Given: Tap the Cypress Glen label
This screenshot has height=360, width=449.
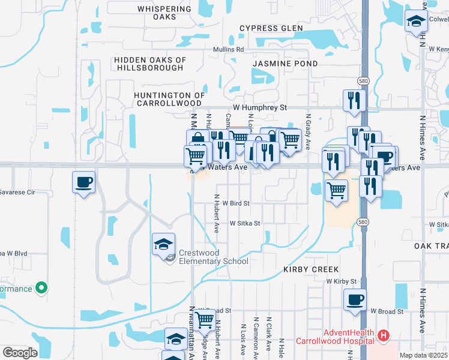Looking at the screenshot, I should (x=268, y=28).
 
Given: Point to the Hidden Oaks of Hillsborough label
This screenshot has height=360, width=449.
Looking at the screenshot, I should (x=150, y=64).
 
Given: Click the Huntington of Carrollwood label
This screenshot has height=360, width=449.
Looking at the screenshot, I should (x=170, y=99).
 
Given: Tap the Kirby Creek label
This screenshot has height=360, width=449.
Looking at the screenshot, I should (x=311, y=270).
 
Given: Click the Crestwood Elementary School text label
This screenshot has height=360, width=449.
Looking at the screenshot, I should (x=213, y=256).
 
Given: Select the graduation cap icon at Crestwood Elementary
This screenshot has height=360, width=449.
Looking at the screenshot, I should (x=164, y=244).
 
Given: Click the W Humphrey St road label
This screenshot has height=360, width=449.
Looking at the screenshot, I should (x=260, y=107).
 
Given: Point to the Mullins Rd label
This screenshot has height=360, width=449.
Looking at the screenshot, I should (x=228, y=50).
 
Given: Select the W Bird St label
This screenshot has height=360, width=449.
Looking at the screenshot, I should (x=235, y=203).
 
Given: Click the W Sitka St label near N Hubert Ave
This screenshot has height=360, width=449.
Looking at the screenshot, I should (x=244, y=223).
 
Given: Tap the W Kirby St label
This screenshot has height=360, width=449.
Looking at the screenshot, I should (x=342, y=281).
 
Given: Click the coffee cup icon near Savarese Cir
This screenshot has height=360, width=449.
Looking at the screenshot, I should (x=83, y=182).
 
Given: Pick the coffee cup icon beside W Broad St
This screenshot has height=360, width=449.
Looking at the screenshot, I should (x=355, y=299).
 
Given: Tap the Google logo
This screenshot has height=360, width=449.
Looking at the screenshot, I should (x=20, y=352).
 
